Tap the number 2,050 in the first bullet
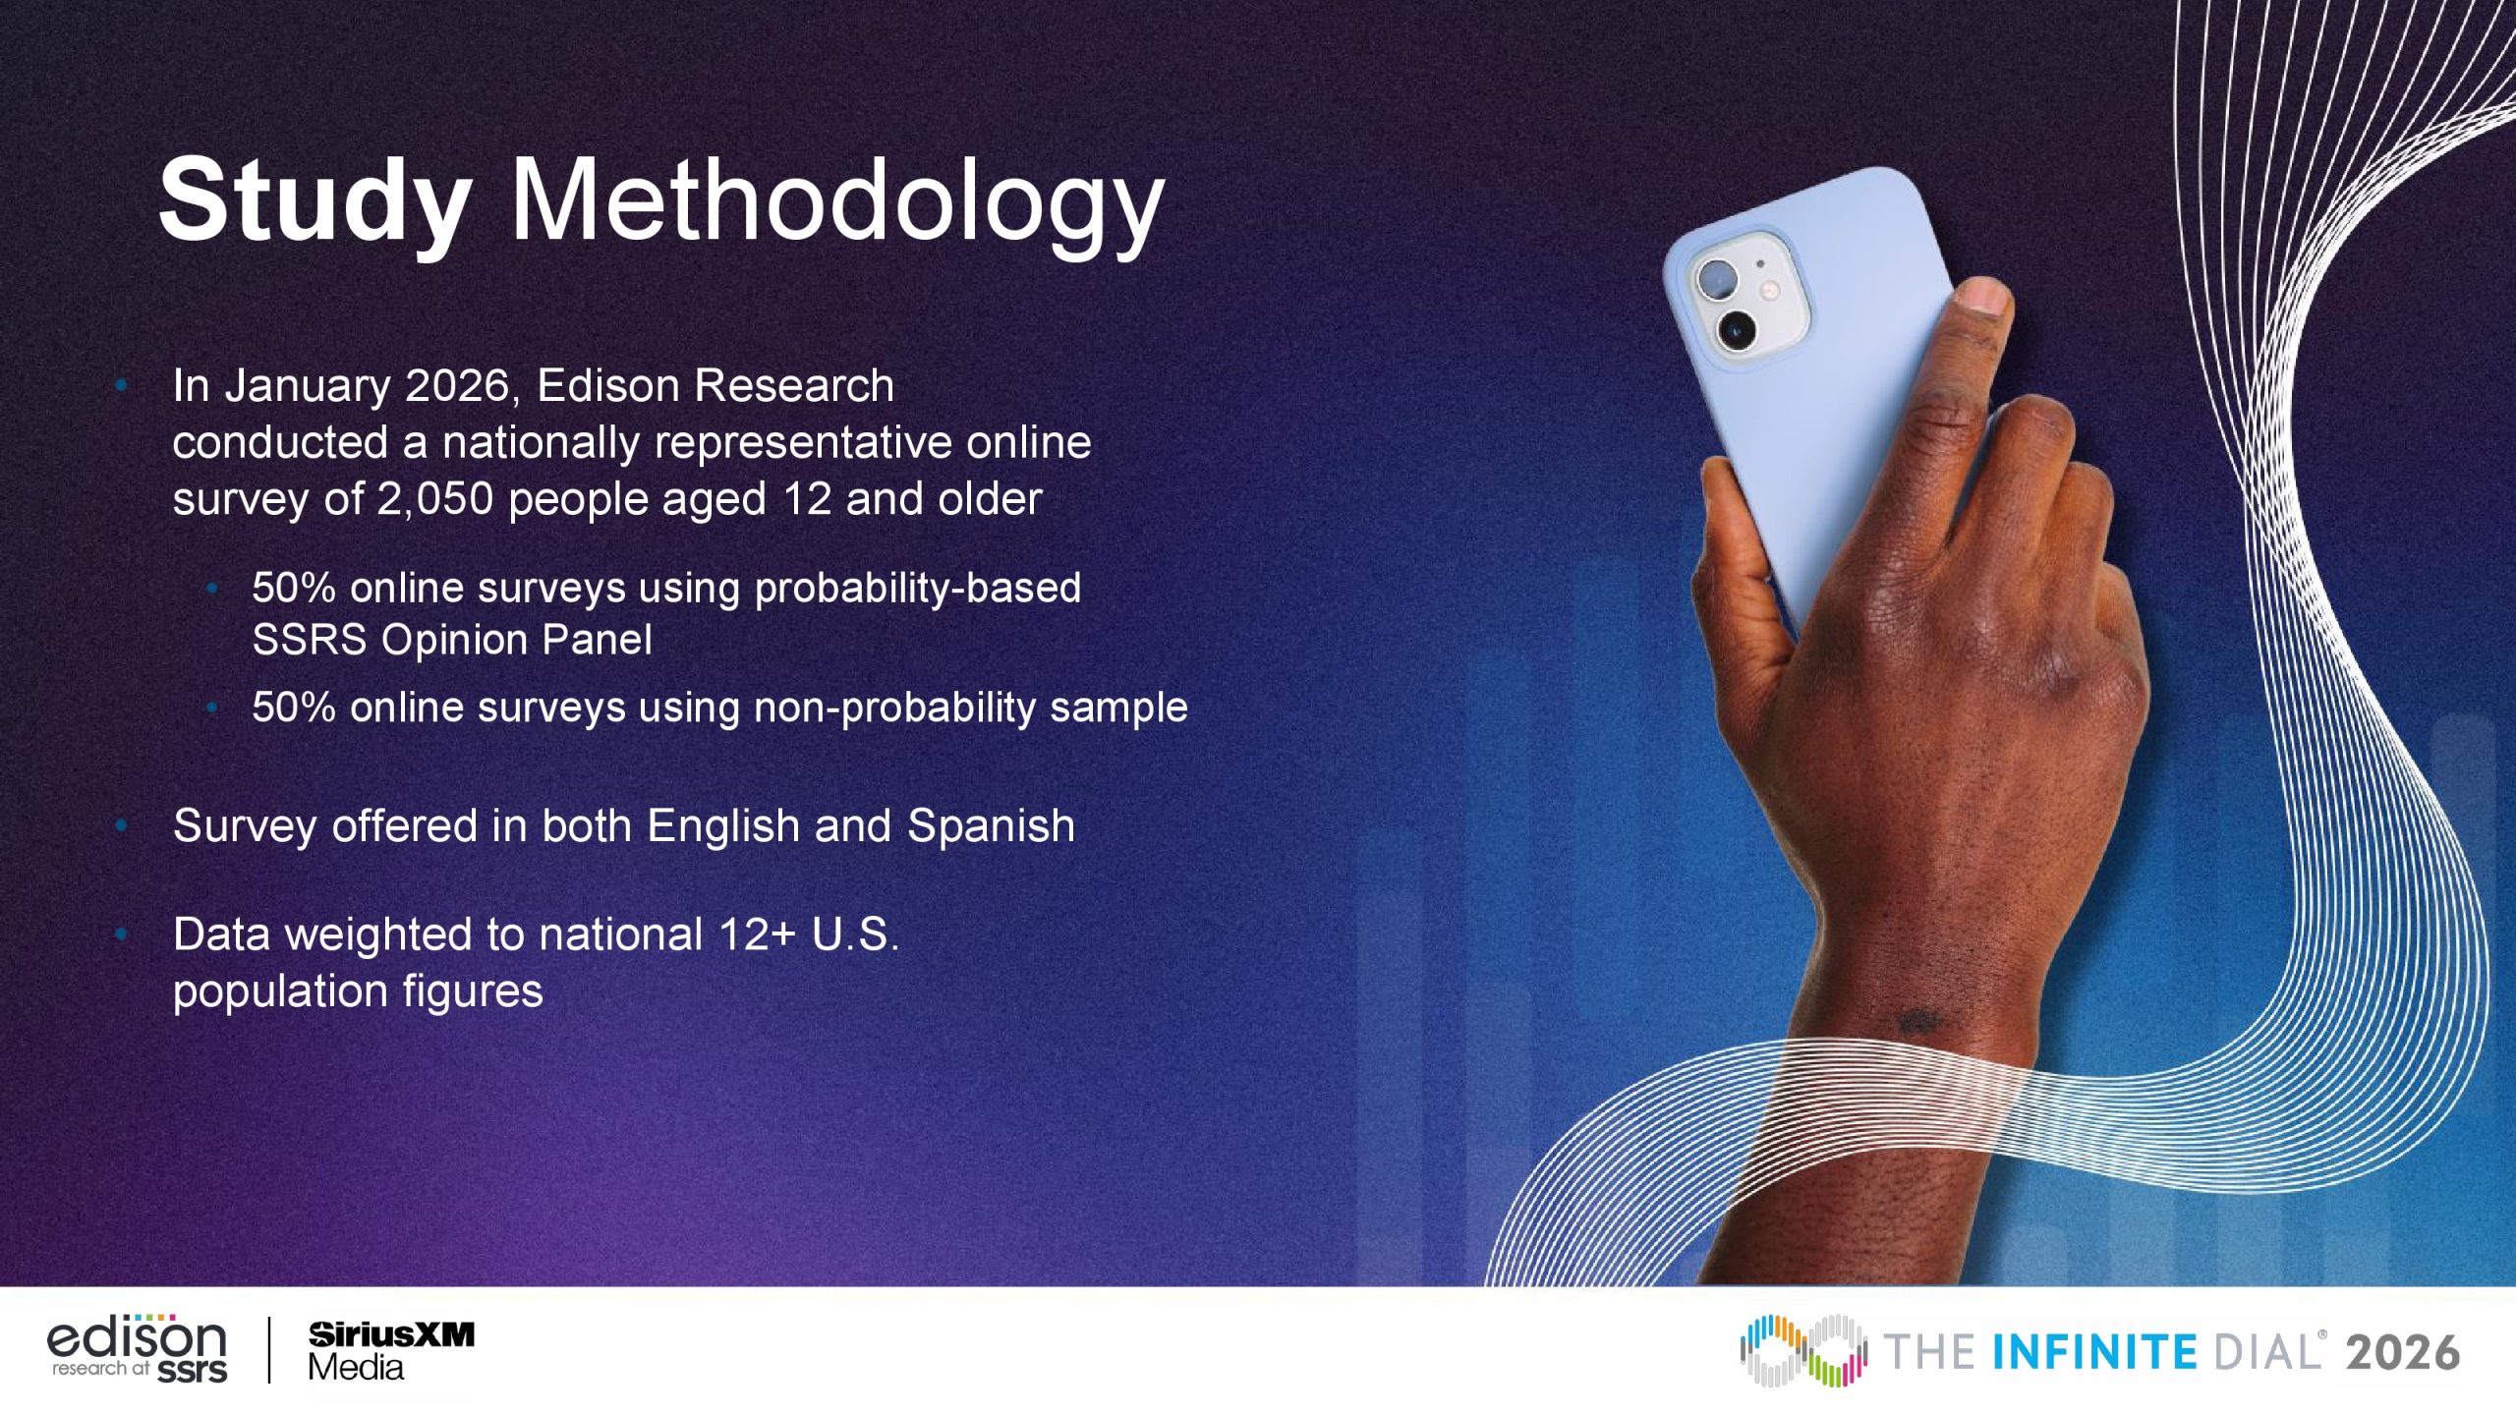tap(435, 500)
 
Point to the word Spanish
tap(991, 827)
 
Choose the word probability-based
tap(918, 589)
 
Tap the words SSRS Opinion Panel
tap(452, 641)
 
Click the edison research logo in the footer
tap(137, 1348)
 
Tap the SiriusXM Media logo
tap(390, 1351)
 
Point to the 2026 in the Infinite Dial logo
tap(2403, 1353)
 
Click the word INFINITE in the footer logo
tap(2094, 1353)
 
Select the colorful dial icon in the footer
tap(1802, 1351)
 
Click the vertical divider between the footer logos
tap(268, 1350)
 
